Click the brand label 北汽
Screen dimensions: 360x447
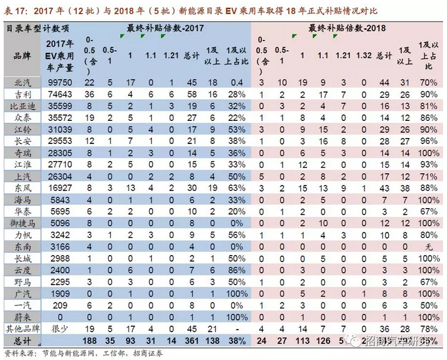[x=22, y=83]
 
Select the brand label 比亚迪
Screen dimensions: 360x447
[x=22, y=106]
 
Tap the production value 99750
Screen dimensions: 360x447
[x=60, y=83]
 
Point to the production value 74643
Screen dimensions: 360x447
[x=60, y=94]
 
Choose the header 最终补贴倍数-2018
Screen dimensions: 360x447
[x=347, y=28]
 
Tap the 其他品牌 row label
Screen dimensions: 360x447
[x=22, y=328]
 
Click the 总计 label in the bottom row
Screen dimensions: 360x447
[x=22, y=340]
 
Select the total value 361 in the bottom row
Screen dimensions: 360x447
[x=191, y=340]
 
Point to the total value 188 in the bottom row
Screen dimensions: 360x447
[x=90, y=340]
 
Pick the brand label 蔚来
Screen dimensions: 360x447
[x=22, y=316]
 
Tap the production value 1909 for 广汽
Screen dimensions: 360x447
[x=60, y=293]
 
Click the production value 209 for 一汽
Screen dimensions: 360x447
[x=60, y=305]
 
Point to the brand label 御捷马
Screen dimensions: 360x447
[x=22, y=223]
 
